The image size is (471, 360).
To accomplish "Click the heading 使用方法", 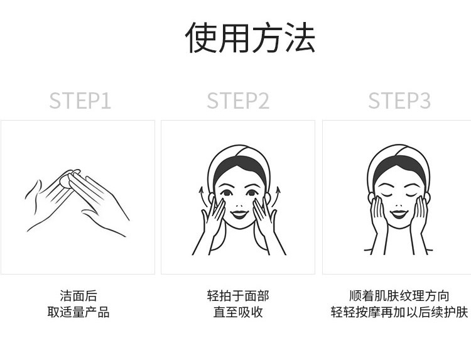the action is (x=250, y=38).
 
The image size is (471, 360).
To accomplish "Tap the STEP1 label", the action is (x=80, y=101).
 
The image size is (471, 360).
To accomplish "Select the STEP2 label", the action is (x=238, y=101).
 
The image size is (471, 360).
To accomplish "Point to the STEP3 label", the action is (x=399, y=101).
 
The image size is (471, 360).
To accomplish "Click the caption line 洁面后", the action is (x=78, y=296).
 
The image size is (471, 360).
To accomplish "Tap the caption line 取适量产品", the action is (x=78, y=312).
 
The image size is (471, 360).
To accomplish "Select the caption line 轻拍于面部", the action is (x=238, y=296).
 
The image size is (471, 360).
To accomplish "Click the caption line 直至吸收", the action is (x=238, y=312).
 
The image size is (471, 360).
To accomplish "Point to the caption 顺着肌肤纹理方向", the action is (x=399, y=296).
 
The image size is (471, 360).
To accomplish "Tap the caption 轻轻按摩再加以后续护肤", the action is (x=399, y=312).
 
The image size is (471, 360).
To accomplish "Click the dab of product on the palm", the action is (x=65, y=181).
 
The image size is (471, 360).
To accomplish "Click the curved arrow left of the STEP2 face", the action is (x=203, y=197).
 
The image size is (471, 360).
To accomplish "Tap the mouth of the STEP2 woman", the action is (x=239, y=214).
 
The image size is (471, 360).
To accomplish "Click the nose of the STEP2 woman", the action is (x=239, y=206).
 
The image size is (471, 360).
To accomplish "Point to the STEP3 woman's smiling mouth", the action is (x=399, y=214).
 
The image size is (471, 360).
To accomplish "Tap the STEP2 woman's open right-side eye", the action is (x=252, y=193).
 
